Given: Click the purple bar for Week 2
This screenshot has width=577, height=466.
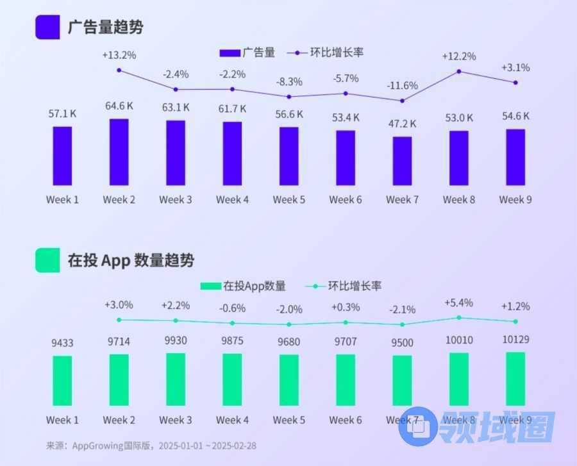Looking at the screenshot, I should [119, 153].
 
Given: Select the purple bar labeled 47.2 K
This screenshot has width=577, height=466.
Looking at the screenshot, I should [403, 161].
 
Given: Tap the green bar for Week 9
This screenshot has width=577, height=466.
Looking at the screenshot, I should [515, 379].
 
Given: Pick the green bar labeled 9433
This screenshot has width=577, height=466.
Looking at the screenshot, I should [62, 381].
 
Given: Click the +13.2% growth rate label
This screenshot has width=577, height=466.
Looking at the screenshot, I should [119, 55].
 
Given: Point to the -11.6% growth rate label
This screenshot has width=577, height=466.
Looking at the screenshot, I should [402, 85].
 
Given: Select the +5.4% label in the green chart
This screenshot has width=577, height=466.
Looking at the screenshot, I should [458, 302].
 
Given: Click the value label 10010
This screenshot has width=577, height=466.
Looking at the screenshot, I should [459, 340].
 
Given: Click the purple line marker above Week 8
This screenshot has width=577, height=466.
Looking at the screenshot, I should [459, 71].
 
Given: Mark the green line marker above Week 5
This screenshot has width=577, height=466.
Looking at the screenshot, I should [289, 324].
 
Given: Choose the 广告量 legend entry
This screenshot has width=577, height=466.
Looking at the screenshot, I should [247, 53].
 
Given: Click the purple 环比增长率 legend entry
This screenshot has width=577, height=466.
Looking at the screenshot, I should [326, 53].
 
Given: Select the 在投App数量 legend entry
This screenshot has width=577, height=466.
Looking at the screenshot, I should [243, 286].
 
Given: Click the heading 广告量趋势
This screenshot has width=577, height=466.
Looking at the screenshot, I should [105, 27].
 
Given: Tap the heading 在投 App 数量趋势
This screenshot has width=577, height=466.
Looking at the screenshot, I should [131, 260].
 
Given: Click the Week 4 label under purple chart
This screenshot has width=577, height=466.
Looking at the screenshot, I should [232, 199].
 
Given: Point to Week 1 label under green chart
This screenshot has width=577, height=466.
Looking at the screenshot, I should [62, 420].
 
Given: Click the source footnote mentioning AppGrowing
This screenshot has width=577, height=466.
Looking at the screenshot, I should [151, 445].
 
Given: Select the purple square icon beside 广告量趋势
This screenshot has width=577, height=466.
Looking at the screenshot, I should [47, 27].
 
